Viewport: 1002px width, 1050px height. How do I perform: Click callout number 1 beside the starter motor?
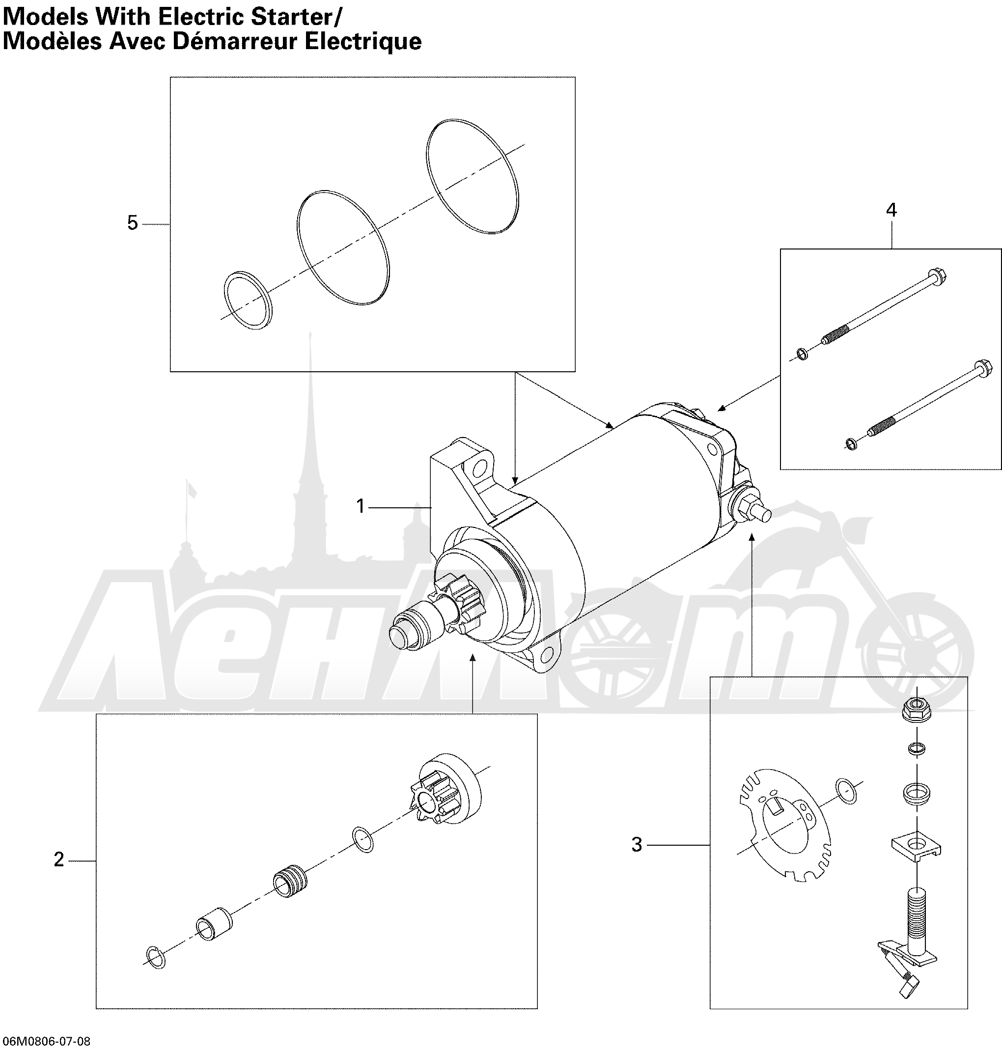[361, 506]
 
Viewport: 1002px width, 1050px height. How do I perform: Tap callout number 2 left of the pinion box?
[59, 859]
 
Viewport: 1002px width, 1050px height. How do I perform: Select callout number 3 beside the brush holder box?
[637, 845]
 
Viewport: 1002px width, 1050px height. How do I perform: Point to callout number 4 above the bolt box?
[891, 210]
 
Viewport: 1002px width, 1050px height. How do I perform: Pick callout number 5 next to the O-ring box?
[133, 222]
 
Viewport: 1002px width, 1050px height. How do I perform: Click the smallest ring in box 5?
[247, 300]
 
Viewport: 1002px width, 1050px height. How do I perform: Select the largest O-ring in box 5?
[473, 176]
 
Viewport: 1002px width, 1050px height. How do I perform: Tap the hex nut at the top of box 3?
[917, 710]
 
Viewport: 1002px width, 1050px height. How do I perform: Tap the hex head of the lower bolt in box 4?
[983, 368]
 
